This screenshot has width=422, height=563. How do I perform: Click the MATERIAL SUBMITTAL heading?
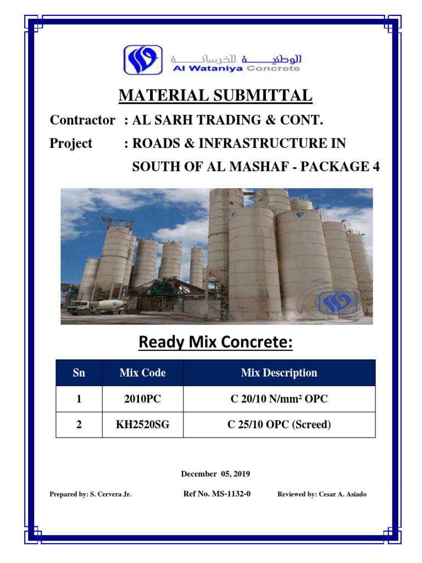point(216,96)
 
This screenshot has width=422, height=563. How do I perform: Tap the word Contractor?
point(82,120)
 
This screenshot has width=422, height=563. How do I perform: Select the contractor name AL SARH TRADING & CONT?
point(231,120)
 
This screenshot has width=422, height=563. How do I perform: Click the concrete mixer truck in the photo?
point(98,306)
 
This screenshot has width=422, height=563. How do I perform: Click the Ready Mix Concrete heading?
point(216,343)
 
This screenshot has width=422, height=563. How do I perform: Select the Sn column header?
point(79,373)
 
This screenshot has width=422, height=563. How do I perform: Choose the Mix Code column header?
point(142,373)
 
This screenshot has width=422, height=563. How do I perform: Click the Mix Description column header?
point(279,373)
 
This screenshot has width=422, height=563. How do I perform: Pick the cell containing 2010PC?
point(142,399)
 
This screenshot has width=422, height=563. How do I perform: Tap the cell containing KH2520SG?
point(142,425)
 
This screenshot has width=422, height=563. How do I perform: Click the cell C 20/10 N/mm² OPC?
point(279,399)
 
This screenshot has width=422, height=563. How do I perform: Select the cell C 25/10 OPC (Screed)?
point(279,425)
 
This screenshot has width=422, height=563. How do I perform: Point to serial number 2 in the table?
point(79,425)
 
